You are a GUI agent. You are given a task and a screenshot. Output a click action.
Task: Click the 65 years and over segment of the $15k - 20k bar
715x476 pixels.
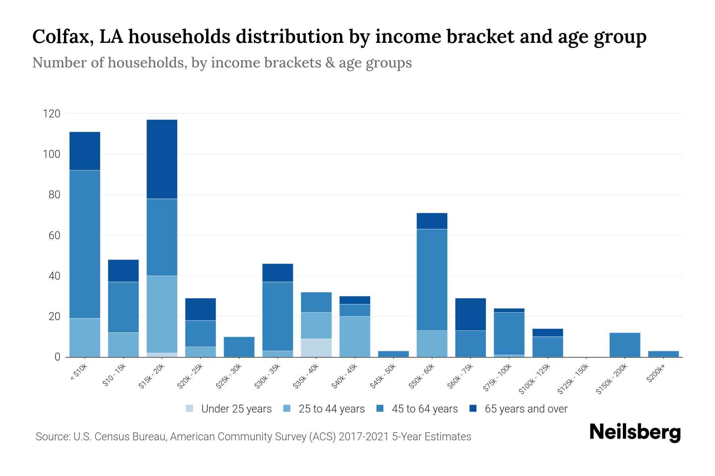click(162, 159)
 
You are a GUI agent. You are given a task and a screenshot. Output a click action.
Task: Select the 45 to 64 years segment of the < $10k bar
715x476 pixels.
click(85, 244)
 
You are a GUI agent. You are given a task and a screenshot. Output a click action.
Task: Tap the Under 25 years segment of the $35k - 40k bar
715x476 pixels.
click(316, 347)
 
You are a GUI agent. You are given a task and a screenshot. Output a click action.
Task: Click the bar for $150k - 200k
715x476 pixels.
click(624, 345)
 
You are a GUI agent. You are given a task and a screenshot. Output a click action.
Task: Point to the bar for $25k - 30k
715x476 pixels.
click(239, 347)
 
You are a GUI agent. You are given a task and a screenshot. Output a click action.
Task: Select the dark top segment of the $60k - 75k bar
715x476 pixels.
click(470, 314)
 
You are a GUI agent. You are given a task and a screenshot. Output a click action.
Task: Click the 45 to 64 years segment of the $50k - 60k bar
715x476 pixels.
click(432, 280)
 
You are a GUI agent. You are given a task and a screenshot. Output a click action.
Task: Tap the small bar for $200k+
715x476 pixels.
click(663, 354)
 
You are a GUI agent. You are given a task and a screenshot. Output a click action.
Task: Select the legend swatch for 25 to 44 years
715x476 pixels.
click(287, 409)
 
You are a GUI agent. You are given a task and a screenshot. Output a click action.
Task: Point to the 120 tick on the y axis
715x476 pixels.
click(52, 114)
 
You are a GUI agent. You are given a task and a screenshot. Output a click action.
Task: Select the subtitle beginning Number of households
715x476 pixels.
click(222, 63)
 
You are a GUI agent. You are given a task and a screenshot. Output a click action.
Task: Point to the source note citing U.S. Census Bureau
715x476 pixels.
click(253, 437)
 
